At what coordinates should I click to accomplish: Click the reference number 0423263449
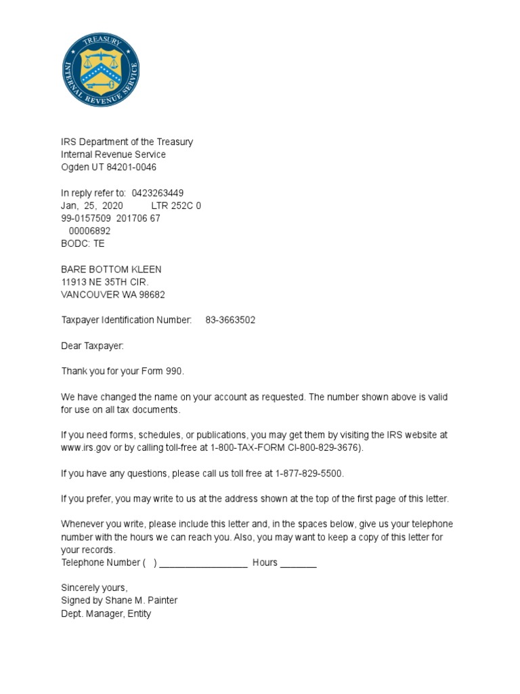pyautogui.click(x=157, y=192)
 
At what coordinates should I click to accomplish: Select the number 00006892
pyautogui.click(x=89, y=231)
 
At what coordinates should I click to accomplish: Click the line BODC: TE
pyautogui.click(x=83, y=243)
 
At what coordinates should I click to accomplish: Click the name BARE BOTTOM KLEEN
pyautogui.click(x=111, y=269)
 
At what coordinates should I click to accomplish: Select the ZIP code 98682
pyautogui.click(x=151, y=295)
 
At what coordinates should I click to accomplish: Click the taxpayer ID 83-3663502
pyautogui.click(x=230, y=320)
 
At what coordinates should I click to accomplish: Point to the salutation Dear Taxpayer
pyautogui.click(x=93, y=346)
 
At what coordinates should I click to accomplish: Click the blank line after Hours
pyautogui.click(x=298, y=564)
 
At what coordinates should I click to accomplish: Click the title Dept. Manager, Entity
pyautogui.click(x=106, y=613)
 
